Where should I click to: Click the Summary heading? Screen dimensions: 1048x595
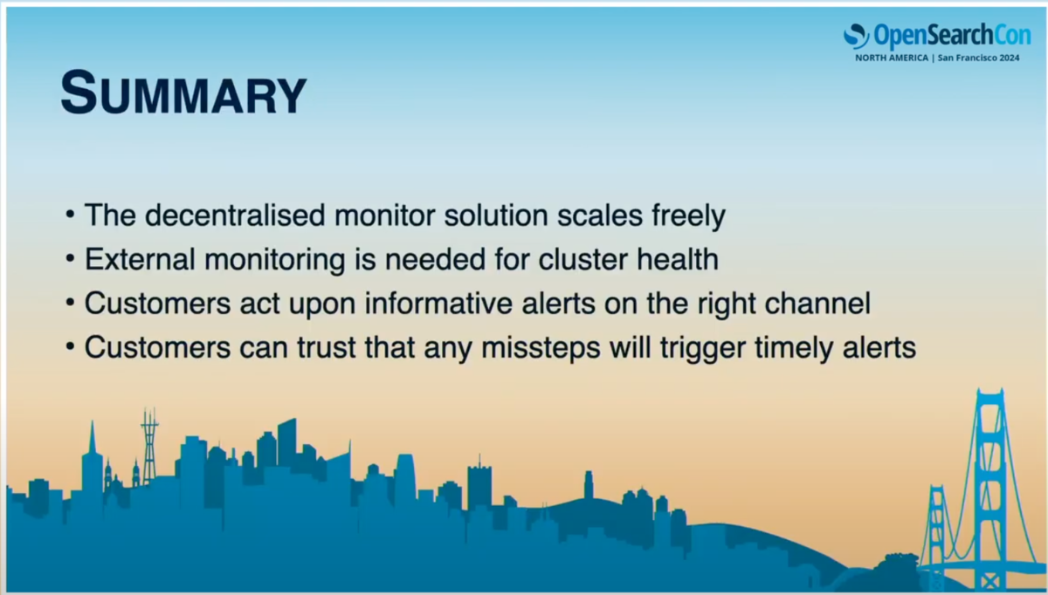(184, 92)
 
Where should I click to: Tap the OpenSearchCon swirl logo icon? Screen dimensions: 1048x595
(856, 36)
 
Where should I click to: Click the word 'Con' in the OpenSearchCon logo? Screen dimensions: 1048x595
(1012, 35)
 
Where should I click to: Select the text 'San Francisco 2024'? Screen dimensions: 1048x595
(978, 58)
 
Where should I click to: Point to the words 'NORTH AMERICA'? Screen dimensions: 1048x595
(892, 58)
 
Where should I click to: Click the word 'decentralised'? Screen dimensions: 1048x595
(235, 215)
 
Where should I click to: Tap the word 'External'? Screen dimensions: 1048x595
(140, 259)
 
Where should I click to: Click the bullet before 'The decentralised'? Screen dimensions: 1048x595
(70, 215)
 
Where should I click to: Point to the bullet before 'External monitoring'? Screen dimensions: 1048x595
(70, 259)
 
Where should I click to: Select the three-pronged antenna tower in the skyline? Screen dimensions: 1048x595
(149, 447)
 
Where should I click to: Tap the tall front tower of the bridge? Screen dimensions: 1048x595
(990, 486)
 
